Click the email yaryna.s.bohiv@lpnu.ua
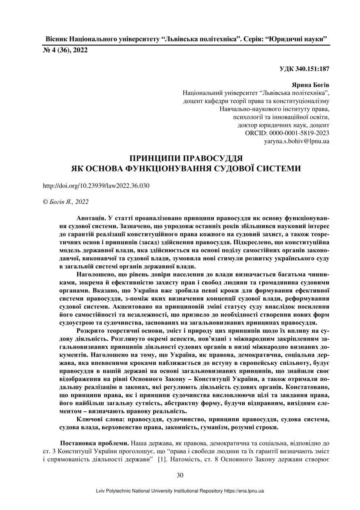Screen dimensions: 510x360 click(296, 141)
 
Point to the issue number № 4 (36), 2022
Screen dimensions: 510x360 click(65, 50)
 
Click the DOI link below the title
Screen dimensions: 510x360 click(96, 185)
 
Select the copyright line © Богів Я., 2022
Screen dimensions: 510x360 click(66, 202)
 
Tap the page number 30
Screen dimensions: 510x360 click(180, 475)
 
